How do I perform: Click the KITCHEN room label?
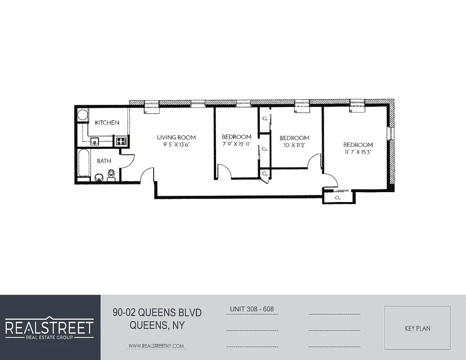107,122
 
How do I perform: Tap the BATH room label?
104,161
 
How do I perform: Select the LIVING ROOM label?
176,137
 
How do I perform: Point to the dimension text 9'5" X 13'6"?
176,144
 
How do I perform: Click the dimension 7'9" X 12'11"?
236,144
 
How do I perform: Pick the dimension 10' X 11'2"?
294,145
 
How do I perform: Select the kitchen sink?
95,141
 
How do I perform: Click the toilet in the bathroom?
111,175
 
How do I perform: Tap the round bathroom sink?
99,177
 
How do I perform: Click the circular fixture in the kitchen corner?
82,115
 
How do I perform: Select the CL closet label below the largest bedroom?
338,198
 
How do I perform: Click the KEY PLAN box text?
417,328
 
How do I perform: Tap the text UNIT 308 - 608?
252,309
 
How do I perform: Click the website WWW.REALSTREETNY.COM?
156,346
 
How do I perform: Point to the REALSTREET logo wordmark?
49,327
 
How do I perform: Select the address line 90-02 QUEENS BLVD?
157,313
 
